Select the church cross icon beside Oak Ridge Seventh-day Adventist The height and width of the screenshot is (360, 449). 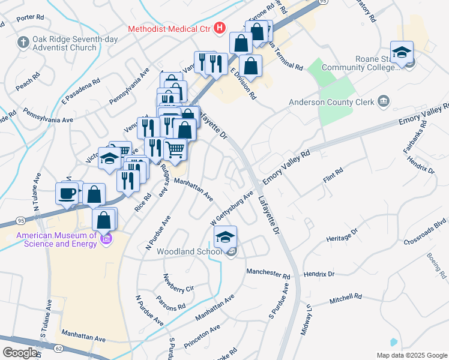coord(23,42)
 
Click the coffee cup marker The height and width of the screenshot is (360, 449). coord(67,193)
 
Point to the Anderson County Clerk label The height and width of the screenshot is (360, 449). coord(332,101)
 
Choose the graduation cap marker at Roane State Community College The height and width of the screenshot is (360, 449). coord(402,53)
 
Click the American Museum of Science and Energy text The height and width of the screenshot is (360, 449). coord(57,239)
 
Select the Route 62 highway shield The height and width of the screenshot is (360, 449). coord(58,349)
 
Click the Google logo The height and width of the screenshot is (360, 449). coord(20,353)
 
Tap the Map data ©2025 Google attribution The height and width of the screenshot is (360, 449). coord(411,355)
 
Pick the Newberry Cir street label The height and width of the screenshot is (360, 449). coord(179,282)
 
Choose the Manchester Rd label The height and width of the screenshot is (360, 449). coord(268,273)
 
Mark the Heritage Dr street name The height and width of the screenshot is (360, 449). coord(342,235)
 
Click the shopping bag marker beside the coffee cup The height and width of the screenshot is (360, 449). coord(94,194)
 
